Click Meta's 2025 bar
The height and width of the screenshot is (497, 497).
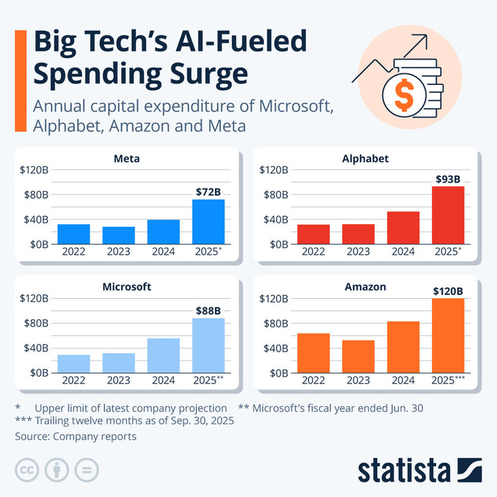click(x=209, y=221)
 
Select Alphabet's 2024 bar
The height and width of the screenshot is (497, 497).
click(x=403, y=227)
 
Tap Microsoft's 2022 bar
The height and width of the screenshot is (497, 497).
click(x=73, y=363)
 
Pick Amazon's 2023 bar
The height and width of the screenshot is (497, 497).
click(x=358, y=356)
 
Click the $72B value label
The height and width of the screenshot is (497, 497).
click(x=209, y=192)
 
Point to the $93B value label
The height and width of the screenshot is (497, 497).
click(x=448, y=178)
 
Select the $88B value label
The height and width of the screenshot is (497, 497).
click(x=209, y=310)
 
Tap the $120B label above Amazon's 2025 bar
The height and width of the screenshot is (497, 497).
click(x=448, y=290)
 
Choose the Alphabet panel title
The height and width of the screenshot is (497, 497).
click(x=367, y=159)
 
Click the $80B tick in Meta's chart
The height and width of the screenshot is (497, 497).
click(x=35, y=195)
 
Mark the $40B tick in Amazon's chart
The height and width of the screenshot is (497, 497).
click(x=274, y=348)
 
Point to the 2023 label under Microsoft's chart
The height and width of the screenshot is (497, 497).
click(x=118, y=381)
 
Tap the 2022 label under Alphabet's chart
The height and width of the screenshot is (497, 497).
click(x=314, y=252)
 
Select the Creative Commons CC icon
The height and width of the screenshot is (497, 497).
click(x=27, y=470)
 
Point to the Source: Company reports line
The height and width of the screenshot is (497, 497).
click(x=76, y=436)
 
